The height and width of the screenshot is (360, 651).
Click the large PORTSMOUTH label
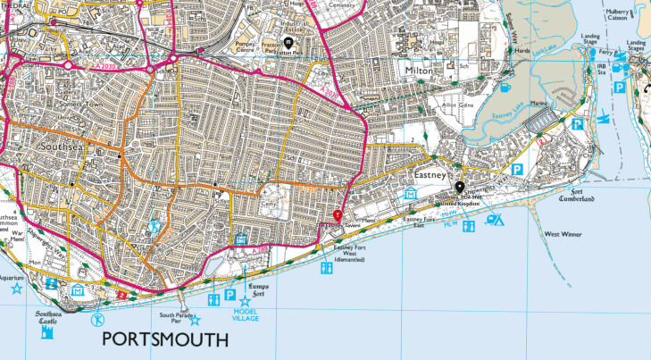click(x=165, y=339)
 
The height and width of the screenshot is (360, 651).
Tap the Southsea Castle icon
click(x=46, y=332)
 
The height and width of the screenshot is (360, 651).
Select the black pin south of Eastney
click(x=460, y=188)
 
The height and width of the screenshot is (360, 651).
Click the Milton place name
click(x=418, y=70)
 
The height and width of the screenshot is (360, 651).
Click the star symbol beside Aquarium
click(x=15, y=289)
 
